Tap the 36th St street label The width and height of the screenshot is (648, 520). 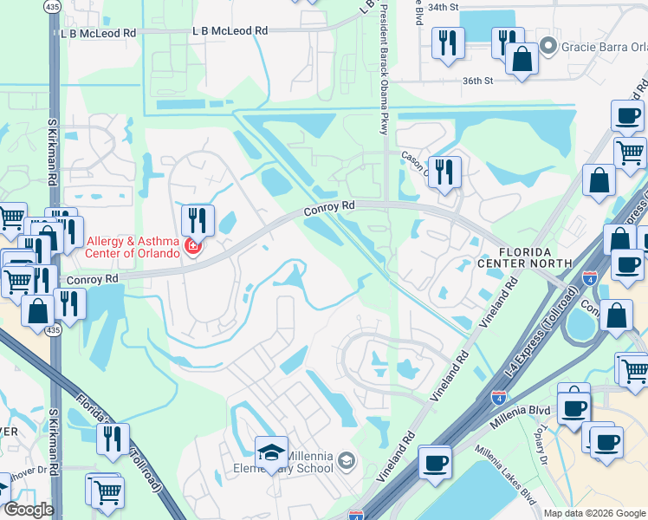[476, 81]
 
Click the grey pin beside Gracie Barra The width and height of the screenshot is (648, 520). [547, 45]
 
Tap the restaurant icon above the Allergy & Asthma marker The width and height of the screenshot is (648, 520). [198, 220]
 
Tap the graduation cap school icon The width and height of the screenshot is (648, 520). [271, 452]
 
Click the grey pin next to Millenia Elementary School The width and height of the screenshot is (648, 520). [347, 458]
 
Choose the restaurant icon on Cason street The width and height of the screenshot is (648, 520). [444, 171]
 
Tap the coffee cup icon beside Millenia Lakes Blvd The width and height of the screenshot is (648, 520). [434, 461]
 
